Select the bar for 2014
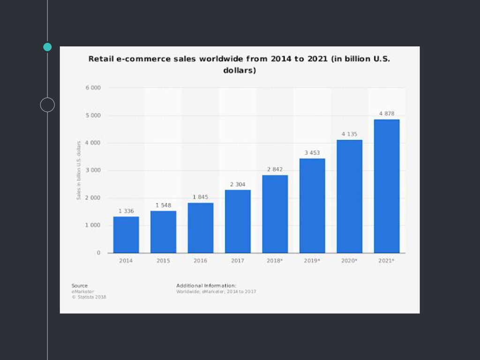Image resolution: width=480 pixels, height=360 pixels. point(126,234)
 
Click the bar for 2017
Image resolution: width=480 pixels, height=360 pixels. point(238,221)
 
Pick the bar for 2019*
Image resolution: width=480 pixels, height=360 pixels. point(312,206)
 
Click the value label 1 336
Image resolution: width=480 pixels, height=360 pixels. point(126,211)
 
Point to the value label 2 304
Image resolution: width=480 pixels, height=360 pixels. point(238,185)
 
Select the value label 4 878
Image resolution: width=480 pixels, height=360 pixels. point(387,114)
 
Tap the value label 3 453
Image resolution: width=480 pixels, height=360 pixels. point(312,153)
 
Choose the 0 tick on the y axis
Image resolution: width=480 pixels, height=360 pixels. point(98,253)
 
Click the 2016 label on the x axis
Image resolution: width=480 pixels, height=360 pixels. point(201,260)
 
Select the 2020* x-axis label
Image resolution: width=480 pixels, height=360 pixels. point(349,260)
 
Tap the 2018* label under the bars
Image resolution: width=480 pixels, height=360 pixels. point(275,260)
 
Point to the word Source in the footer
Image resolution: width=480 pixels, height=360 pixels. point(80,285)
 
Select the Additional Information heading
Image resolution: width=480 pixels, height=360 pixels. point(206,285)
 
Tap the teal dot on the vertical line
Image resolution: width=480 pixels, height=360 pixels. point(47,47)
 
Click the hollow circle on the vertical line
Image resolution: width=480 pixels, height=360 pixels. point(47,105)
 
